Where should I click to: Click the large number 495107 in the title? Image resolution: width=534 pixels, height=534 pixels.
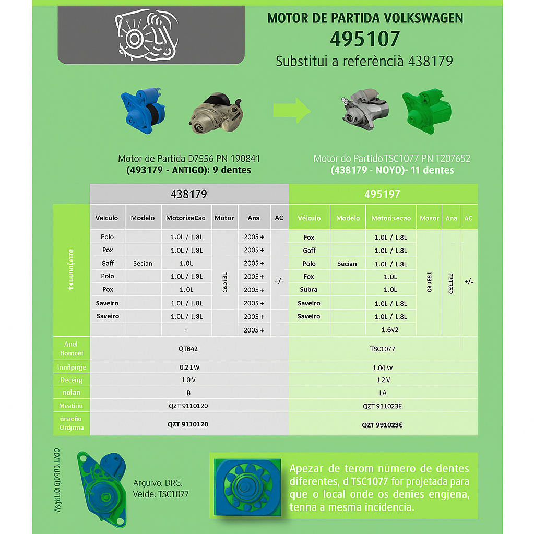[365, 39]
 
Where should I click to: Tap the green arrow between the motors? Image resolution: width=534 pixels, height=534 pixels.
[292, 110]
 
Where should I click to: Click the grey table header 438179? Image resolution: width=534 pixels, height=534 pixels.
[189, 194]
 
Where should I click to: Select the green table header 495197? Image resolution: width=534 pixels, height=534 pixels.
[383, 194]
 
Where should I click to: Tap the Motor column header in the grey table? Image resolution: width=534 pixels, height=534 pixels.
[224, 218]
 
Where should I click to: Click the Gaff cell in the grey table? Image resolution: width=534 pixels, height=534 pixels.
[108, 263]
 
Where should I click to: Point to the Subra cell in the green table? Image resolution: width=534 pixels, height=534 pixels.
[309, 290]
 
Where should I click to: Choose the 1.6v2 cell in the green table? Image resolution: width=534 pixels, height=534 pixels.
[390, 330]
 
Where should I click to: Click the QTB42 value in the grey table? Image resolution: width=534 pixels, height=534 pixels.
[187, 349]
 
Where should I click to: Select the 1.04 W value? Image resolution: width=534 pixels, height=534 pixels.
[383, 367]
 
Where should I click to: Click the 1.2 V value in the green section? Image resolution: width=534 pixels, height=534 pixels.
[383, 380]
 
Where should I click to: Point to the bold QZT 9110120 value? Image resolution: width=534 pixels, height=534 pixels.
[188, 424]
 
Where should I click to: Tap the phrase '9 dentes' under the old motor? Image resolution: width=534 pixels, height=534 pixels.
[228, 170]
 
